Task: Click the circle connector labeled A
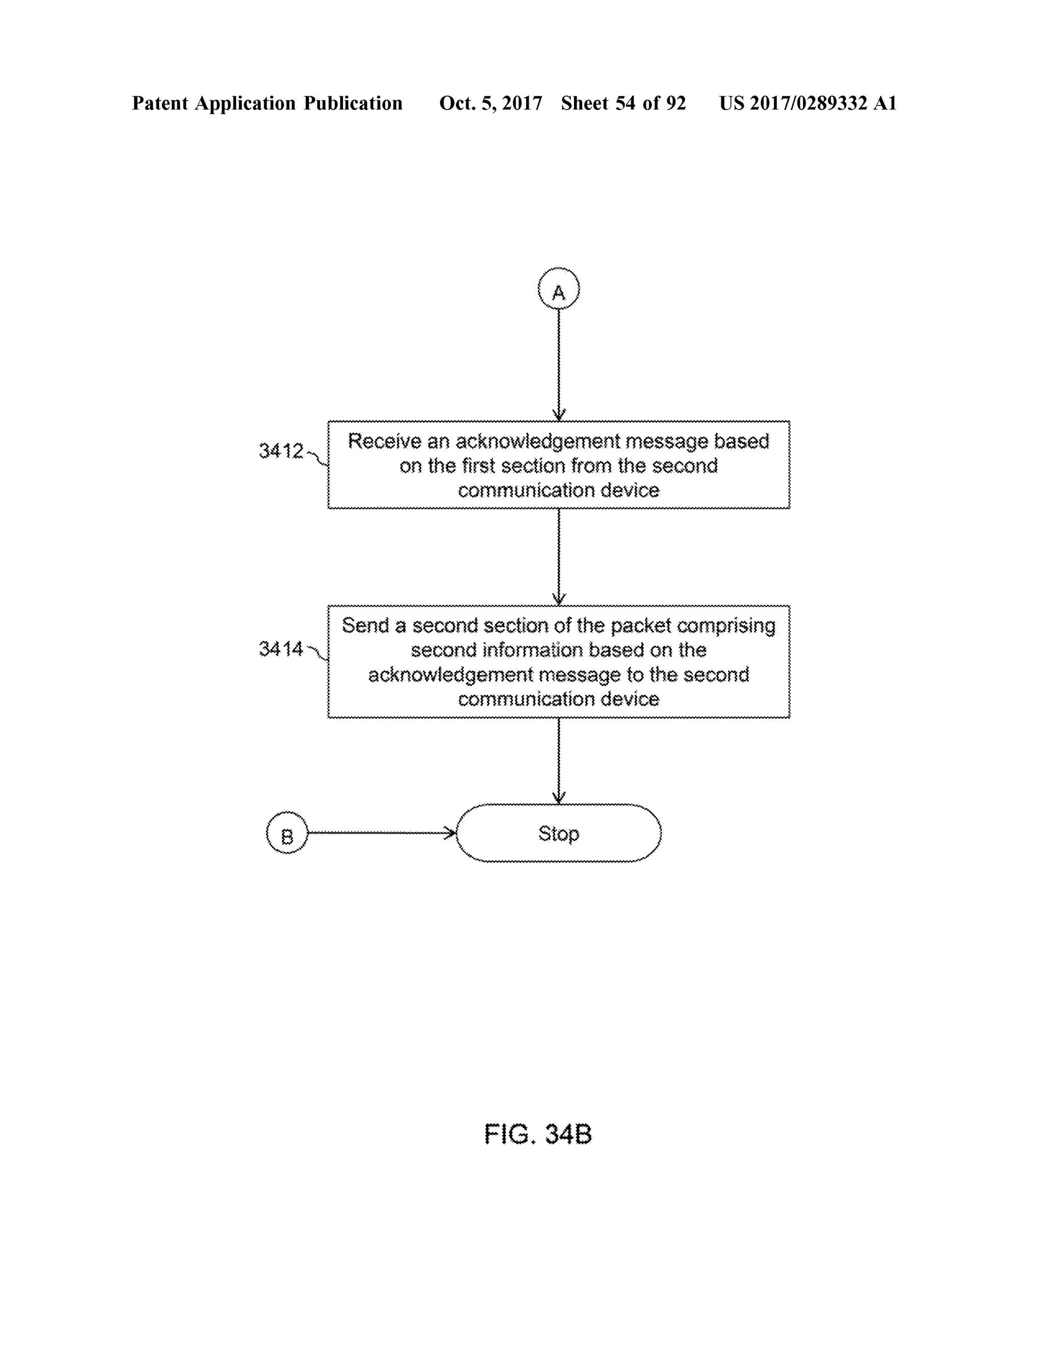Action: (x=559, y=289)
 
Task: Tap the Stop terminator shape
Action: (x=559, y=833)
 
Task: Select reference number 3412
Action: (x=281, y=451)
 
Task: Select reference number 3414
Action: (x=281, y=649)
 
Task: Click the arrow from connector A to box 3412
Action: (x=559, y=365)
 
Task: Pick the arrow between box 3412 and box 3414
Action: (x=559, y=556)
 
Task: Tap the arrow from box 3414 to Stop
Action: (x=559, y=760)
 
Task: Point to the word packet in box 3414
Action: (x=641, y=626)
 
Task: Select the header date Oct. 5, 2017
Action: (x=490, y=103)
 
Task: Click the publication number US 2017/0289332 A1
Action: (x=807, y=103)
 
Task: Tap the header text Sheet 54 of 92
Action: (x=623, y=103)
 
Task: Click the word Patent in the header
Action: (x=160, y=103)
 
